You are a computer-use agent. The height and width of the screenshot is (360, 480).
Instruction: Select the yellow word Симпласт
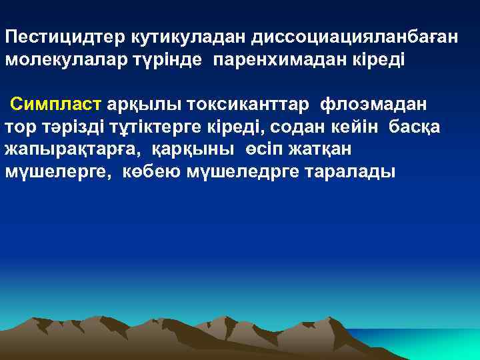click(x=55, y=105)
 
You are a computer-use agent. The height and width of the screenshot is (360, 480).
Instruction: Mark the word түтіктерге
click(x=156, y=127)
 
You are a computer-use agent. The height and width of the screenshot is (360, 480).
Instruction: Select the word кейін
click(x=357, y=127)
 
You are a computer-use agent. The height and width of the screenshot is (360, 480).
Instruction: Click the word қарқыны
click(x=192, y=149)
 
